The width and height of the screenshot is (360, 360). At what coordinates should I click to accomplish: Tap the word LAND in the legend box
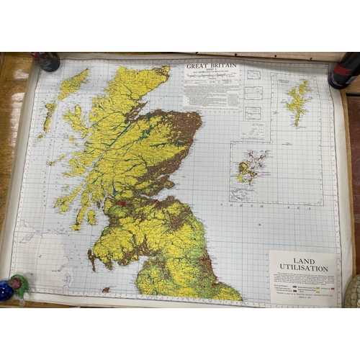[x=303, y=260]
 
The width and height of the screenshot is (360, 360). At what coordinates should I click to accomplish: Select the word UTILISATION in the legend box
[x=303, y=269]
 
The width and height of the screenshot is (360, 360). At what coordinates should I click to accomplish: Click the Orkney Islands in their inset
[x=251, y=168]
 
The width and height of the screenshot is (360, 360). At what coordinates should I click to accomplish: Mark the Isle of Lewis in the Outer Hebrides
[x=73, y=84]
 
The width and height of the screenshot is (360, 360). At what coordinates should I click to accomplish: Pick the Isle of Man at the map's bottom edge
[x=106, y=289]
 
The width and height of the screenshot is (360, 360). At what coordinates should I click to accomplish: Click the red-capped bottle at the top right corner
[x=343, y=70]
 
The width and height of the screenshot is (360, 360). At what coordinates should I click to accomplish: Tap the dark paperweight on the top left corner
[x=47, y=62]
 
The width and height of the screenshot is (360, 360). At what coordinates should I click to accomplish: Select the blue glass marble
[x=6, y=291]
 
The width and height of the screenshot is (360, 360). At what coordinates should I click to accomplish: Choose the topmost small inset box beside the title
[x=254, y=74]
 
